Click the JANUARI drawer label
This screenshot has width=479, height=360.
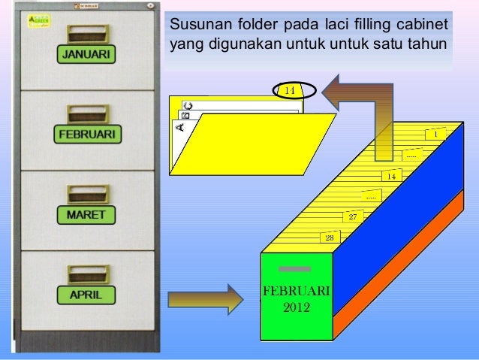coord(87,55)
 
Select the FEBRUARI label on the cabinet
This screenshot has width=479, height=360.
coord(87,135)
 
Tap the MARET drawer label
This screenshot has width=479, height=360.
coord(87,215)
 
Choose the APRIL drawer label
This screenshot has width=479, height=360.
coord(87,295)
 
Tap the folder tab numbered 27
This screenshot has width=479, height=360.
coord(353,216)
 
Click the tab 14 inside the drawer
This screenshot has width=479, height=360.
coord(391,176)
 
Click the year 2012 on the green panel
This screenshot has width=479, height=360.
coord(297,307)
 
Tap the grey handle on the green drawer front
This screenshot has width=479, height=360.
coord(289,268)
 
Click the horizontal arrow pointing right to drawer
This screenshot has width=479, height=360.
coord(203,298)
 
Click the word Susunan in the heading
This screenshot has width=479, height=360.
coord(196,23)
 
